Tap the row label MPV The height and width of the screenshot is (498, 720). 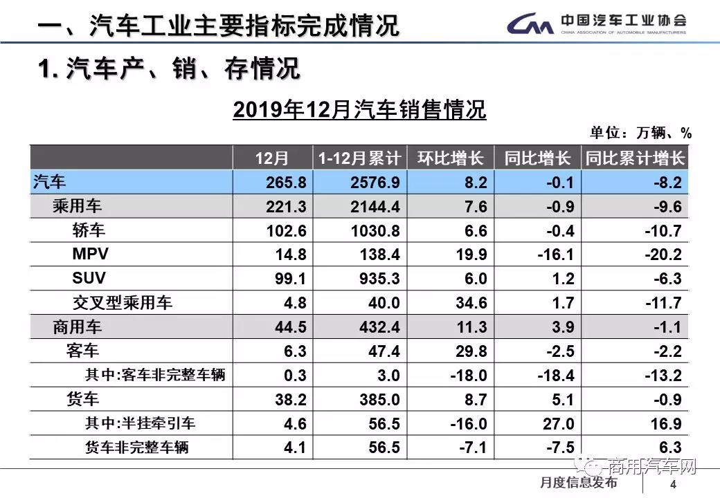pos(90,255)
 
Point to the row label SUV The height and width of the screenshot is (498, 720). pos(89,279)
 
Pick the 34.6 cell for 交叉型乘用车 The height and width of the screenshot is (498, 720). pos(469,303)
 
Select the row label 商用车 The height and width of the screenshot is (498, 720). pos(77,327)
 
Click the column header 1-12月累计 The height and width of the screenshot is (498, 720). pos(359,158)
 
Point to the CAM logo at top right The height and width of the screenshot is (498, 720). pos(530,26)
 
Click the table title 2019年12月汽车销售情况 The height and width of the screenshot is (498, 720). pos(359,109)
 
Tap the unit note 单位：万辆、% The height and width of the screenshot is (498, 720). pos(640,133)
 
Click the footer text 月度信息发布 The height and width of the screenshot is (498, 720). pos(579,482)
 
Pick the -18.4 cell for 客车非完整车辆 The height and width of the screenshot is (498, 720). pos(555,376)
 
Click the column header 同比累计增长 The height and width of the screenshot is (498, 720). pos(634,158)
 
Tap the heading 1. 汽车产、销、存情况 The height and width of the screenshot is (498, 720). pos(169,68)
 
